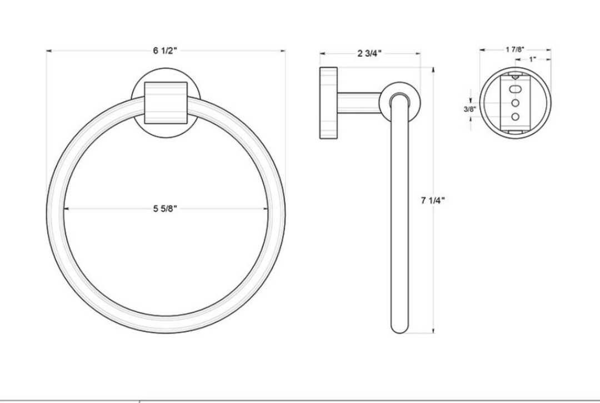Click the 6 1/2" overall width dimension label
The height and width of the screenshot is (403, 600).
coord(166,51)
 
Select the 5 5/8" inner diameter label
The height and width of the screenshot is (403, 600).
coord(166,208)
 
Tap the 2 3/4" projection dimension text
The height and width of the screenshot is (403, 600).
coord(369,53)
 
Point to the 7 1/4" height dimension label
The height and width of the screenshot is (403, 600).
coord(433,200)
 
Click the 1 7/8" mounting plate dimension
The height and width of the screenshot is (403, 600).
coord(514,49)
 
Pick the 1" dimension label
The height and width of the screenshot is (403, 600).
coord(533,59)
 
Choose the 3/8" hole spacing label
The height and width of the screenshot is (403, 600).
coord(470,109)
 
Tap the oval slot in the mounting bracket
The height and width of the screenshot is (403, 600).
coord(516,89)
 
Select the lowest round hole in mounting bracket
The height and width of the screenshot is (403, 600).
coord(516,116)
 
